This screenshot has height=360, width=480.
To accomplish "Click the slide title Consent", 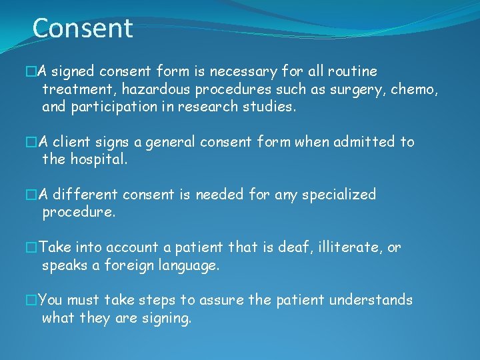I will click(83, 29).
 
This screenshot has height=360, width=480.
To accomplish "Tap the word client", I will click(72, 142).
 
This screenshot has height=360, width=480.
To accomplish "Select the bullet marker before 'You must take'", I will click(30, 301).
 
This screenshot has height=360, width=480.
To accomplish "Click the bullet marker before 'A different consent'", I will click(30, 195).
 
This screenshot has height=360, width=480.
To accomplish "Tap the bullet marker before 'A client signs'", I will click(30, 143).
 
